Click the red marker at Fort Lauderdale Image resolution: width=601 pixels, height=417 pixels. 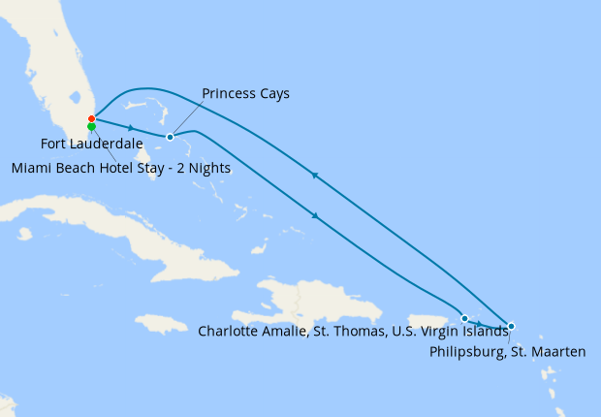point(91,119)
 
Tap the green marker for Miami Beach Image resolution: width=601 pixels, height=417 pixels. point(91,127)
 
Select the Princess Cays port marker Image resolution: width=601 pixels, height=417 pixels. point(170,137)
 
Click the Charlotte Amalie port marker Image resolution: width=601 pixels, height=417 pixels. point(464,318)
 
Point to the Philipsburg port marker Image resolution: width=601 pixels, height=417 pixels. point(511,326)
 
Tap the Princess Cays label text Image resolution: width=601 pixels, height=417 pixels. point(245,94)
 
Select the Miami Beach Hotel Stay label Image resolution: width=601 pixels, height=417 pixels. point(121,168)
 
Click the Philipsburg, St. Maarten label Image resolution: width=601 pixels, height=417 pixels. point(507,352)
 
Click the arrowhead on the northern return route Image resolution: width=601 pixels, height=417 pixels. point(313,176)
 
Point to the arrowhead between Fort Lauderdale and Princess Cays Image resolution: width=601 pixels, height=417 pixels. point(130,127)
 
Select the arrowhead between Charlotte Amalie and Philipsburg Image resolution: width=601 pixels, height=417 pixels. point(481,322)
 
